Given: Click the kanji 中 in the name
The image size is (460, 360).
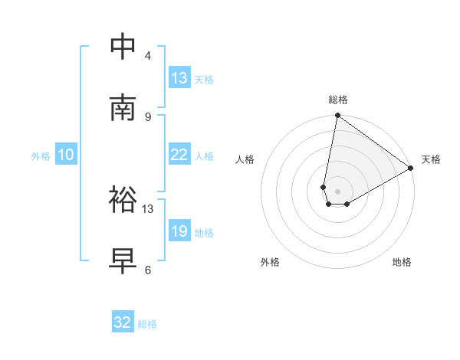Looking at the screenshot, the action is [123, 47].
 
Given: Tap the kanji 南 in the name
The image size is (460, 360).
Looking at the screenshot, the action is [123, 108].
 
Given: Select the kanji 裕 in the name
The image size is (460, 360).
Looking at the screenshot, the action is [123, 201].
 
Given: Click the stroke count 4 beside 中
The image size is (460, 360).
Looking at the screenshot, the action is [148, 56].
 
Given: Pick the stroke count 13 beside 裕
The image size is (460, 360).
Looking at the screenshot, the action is [148, 208].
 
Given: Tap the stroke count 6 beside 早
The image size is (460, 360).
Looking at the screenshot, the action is [148, 270].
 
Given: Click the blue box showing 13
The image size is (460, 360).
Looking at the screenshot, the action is [179, 78].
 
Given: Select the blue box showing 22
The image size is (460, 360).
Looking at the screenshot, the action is [179, 155].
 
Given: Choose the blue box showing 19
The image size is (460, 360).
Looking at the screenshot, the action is [179, 231].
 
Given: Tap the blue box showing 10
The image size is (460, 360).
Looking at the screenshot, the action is [66, 155].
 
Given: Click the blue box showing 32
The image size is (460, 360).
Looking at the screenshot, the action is [123, 322].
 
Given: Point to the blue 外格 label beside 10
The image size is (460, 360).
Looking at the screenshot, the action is [41, 156].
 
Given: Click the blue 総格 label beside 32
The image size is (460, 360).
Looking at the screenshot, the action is [147, 324].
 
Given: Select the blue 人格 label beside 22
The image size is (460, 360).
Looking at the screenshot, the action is [204, 156].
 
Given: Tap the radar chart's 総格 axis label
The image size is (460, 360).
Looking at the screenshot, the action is [338, 100].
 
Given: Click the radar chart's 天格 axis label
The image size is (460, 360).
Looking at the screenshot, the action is [431, 159].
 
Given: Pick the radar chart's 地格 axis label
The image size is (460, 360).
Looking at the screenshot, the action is [402, 262].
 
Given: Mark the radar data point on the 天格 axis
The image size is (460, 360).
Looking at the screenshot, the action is [411, 168].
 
